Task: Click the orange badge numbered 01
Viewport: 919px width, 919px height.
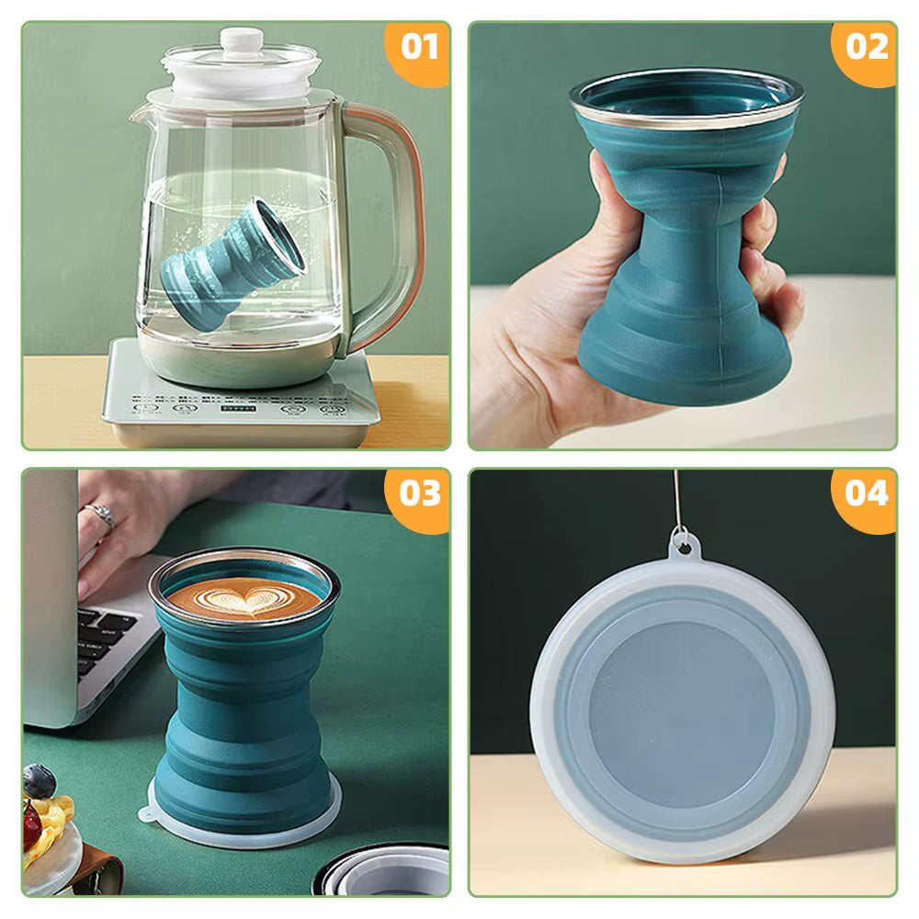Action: [420, 48]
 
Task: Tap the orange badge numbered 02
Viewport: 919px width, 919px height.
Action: [866, 48]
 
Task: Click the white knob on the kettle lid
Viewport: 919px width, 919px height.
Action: [241, 40]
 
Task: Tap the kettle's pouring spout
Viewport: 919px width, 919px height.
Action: [138, 115]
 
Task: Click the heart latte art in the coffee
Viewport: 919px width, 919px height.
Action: [244, 599]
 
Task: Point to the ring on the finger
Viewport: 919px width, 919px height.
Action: [102, 516]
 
